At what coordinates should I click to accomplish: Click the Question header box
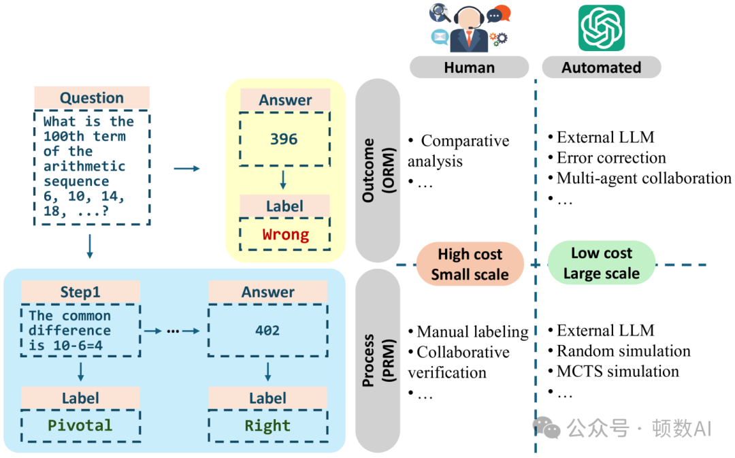92,98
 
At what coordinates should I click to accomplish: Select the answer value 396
284,140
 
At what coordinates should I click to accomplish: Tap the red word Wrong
285,235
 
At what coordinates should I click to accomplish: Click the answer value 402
267,330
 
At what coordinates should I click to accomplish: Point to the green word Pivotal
80,426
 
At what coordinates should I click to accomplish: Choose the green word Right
267,426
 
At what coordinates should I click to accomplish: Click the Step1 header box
80,293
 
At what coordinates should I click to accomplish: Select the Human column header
469,67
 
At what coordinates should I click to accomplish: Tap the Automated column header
601,67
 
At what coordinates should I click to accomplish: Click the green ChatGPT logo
601,28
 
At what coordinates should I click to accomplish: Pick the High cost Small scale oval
470,264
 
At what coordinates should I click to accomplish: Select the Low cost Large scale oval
601,263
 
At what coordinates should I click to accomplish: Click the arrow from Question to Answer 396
186,167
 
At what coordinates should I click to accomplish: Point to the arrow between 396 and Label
284,180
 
